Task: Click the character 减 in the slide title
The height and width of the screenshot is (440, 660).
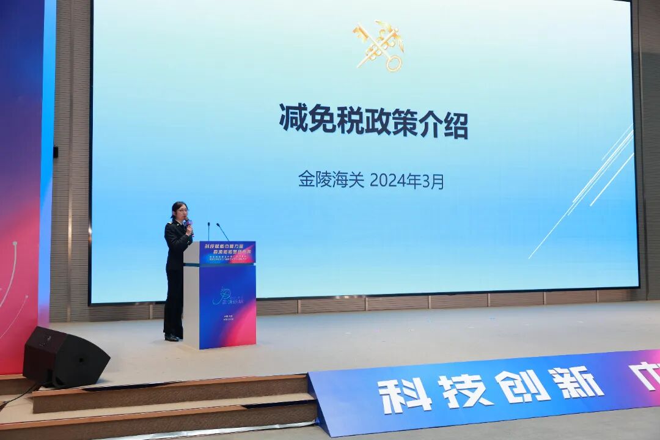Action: click(293, 118)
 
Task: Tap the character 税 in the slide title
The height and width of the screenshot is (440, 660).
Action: click(356, 119)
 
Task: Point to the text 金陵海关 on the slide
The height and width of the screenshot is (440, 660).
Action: click(331, 179)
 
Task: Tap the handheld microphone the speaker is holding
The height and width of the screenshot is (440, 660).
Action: click(188, 224)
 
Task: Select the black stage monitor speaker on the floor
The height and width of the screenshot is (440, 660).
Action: click(65, 358)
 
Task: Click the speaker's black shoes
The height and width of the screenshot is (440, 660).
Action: click(172, 337)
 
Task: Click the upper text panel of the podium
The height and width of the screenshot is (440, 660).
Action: click(227, 252)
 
